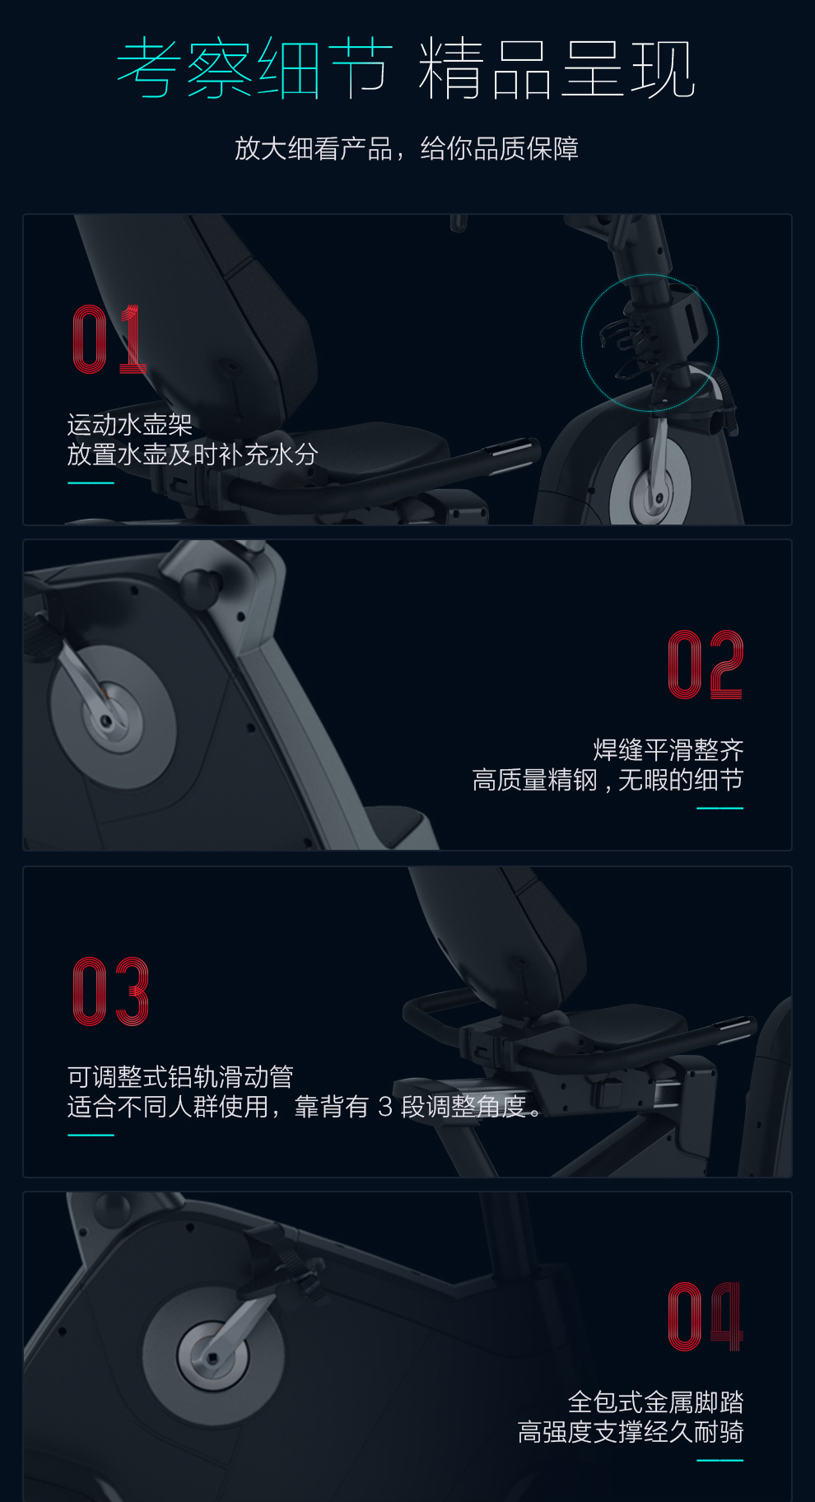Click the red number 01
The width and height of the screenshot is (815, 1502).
[109, 339]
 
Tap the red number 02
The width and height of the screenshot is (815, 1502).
[706, 665]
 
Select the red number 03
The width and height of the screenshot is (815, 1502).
[110, 991]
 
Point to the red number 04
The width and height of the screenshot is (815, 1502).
[706, 1316]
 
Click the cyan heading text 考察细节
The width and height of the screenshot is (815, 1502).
[254, 68]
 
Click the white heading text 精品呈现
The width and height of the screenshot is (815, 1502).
[557, 69]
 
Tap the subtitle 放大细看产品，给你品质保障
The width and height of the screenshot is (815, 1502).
[407, 148]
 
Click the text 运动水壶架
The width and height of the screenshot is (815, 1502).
[130, 424]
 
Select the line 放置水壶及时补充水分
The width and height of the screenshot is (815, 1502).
[193, 454]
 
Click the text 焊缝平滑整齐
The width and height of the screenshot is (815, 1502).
[668, 749]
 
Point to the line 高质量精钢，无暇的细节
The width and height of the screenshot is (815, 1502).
[608, 779]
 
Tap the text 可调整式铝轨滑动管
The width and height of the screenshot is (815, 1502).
[180, 1076]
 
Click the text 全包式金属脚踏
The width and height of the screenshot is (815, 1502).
[655, 1402]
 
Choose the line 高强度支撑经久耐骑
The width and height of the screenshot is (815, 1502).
[631, 1432]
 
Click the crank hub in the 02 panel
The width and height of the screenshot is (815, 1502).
[106, 721]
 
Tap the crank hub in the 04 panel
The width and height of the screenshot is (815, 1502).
[213, 1356]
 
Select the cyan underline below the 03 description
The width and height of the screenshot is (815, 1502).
[91, 1135]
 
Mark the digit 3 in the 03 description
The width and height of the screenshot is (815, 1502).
[385, 1107]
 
